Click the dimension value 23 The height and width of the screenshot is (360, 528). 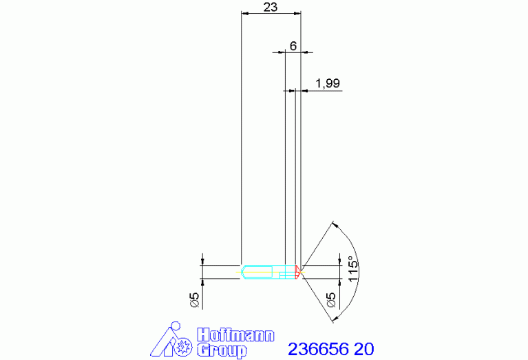(x=271, y=7)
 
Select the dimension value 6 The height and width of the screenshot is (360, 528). (x=293, y=46)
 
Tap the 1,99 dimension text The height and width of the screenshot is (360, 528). (x=327, y=83)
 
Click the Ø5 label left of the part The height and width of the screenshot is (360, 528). (x=195, y=300)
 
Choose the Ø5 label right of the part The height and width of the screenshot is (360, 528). (x=331, y=300)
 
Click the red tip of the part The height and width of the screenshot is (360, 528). (x=297, y=272)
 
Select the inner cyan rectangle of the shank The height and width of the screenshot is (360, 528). (x=260, y=272)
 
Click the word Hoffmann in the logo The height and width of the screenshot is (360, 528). (x=235, y=335)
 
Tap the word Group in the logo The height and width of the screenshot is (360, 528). (x=222, y=350)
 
